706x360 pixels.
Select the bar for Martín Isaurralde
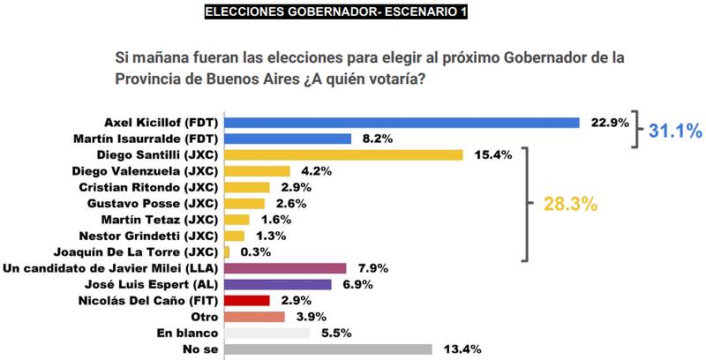289,139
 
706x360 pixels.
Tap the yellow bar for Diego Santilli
344,154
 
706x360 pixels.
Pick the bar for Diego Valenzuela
258,170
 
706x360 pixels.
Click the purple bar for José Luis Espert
278,284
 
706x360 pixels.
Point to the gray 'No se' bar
328,349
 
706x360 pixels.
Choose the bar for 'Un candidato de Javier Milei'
282,267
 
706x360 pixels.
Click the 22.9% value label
609,122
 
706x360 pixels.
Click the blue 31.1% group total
675,131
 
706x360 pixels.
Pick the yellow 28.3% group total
572,204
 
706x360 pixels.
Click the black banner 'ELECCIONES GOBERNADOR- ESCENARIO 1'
335,11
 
